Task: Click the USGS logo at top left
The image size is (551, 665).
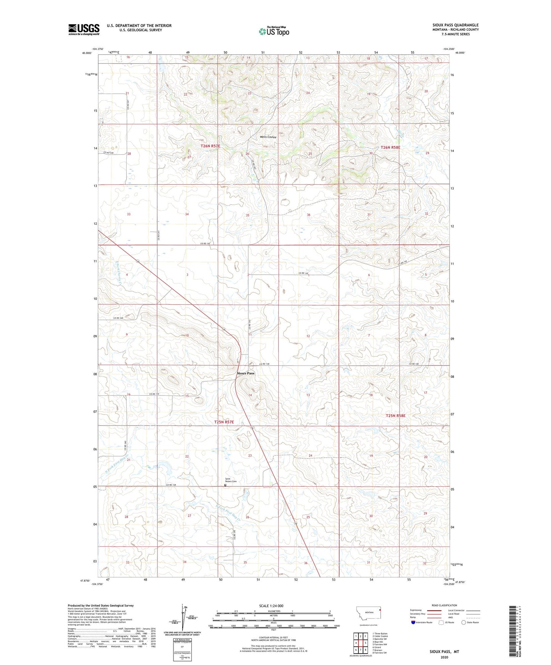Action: click(x=84, y=29)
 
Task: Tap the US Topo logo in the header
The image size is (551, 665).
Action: click(x=274, y=31)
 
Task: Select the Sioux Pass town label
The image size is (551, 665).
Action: click(x=246, y=373)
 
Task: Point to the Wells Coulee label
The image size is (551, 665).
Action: click(x=268, y=137)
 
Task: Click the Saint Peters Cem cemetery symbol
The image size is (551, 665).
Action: click(x=225, y=485)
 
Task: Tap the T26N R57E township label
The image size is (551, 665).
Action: click(x=210, y=146)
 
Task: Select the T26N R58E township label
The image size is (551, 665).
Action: click(x=390, y=147)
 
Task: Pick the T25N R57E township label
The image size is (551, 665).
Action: click(x=224, y=422)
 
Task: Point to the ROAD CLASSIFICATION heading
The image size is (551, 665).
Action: click(x=444, y=605)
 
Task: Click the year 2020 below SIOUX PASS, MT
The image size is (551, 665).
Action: click(x=444, y=657)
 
